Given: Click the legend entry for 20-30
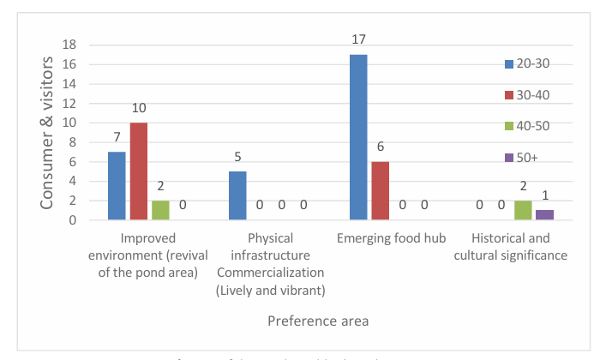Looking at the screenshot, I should click(532, 64).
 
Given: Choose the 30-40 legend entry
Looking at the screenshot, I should click(532, 95).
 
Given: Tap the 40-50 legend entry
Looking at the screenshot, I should click(532, 127).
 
